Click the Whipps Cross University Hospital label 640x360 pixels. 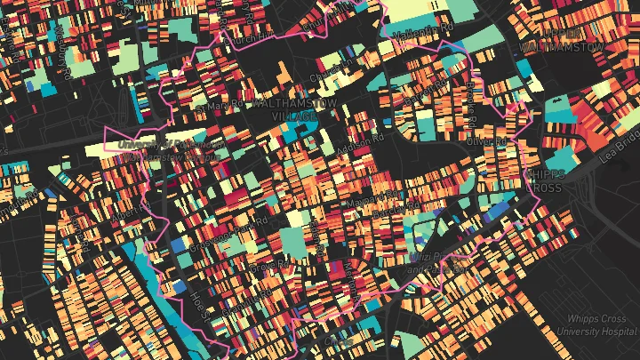tap(596, 324)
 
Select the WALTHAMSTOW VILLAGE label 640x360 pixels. tap(283, 110)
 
